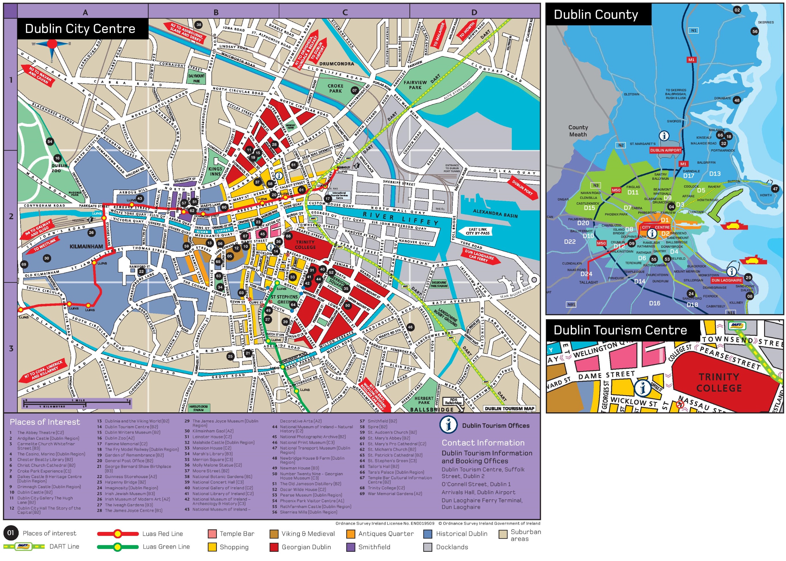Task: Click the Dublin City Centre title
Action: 80,29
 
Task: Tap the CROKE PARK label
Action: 335,88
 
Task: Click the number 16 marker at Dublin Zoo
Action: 57,158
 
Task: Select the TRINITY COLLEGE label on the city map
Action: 305,245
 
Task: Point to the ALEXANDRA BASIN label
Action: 495,213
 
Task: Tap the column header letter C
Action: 345,12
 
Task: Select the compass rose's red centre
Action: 52,44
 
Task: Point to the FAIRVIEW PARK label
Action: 415,85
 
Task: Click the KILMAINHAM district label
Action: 86,247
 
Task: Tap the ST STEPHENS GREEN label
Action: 284,299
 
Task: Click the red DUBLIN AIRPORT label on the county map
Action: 666,150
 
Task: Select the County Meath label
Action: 578,131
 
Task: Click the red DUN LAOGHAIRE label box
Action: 726,280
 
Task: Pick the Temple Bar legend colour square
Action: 212,534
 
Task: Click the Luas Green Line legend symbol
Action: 118,547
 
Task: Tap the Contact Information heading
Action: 483,443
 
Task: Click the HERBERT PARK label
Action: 424,401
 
